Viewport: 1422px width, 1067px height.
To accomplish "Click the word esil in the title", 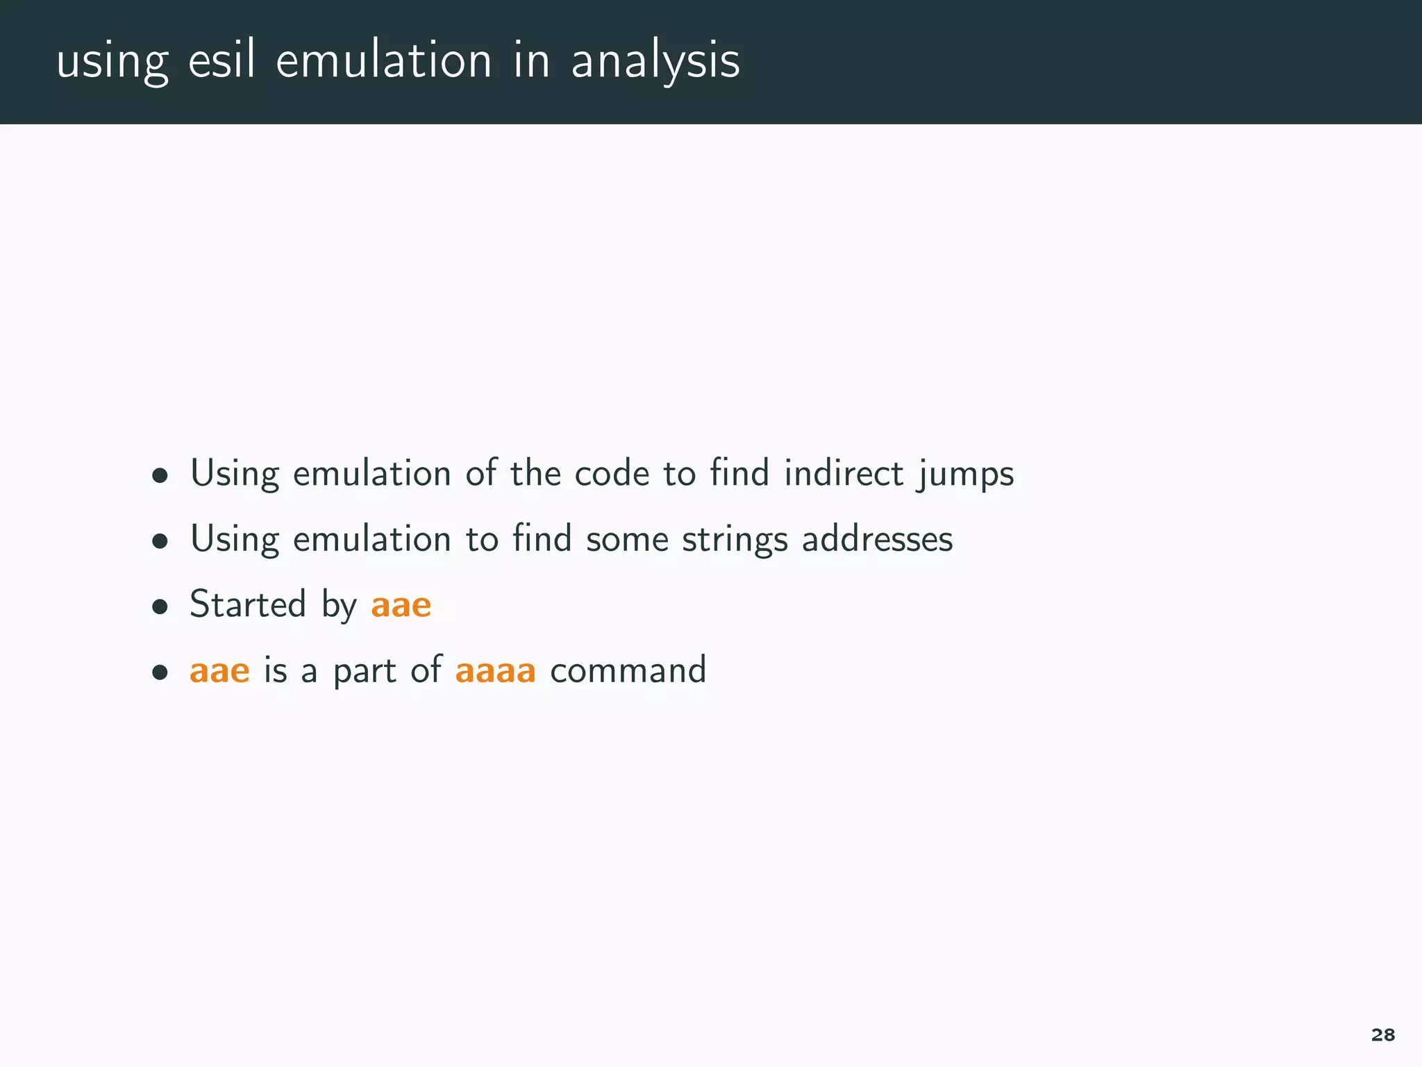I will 221,60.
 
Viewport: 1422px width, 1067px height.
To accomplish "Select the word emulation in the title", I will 384,60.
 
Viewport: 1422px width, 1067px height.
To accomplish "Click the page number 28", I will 1382,1035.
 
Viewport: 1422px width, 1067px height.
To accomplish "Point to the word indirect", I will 844,473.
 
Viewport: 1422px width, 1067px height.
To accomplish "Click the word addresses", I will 877,538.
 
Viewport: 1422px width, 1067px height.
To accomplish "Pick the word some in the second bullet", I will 627,540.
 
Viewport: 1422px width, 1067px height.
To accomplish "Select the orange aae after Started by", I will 401,605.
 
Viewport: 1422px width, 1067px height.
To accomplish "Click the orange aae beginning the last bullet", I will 219,671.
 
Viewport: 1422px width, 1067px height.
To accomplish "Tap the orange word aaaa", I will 495,671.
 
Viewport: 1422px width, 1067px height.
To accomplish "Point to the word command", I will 628,670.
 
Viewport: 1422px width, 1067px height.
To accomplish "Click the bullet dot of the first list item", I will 160,476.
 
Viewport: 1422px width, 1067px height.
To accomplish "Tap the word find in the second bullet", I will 542,538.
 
